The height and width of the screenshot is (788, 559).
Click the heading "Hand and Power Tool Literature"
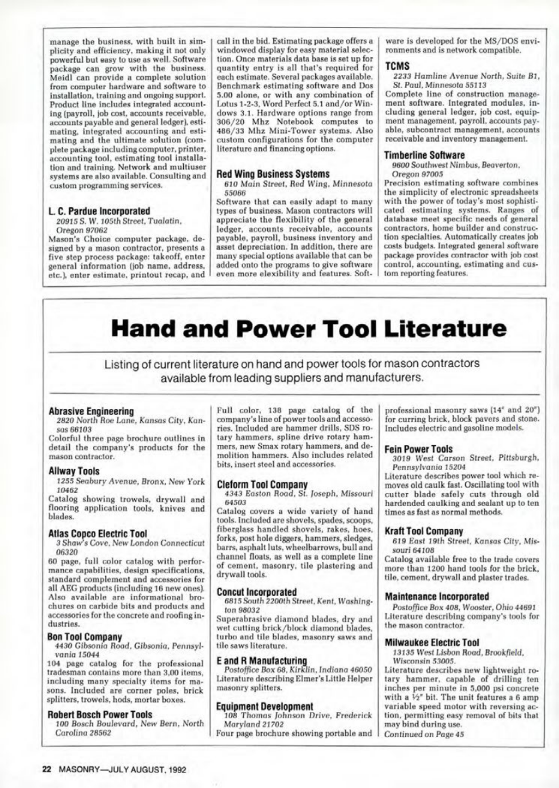click(x=309, y=330)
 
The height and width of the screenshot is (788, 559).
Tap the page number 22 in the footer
click(x=47, y=769)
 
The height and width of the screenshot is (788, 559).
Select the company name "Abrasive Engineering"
click(x=91, y=411)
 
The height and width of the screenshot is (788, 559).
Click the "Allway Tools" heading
click(x=74, y=471)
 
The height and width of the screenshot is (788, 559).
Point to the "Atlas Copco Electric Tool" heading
click(x=97, y=534)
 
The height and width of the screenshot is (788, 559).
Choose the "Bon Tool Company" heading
click(x=84, y=637)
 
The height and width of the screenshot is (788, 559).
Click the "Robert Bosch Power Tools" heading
click(x=100, y=715)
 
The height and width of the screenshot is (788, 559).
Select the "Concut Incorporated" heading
click(x=256, y=592)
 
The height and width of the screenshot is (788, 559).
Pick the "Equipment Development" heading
click(x=264, y=707)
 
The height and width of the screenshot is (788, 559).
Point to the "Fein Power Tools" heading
click(x=418, y=449)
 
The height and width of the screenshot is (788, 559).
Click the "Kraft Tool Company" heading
click(x=423, y=531)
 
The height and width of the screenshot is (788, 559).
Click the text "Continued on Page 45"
click(x=424, y=734)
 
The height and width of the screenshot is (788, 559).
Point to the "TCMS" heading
click(x=397, y=66)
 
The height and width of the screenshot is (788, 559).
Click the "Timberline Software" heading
click(x=424, y=155)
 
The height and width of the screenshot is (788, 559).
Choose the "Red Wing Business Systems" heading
click(x=272, y=174)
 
